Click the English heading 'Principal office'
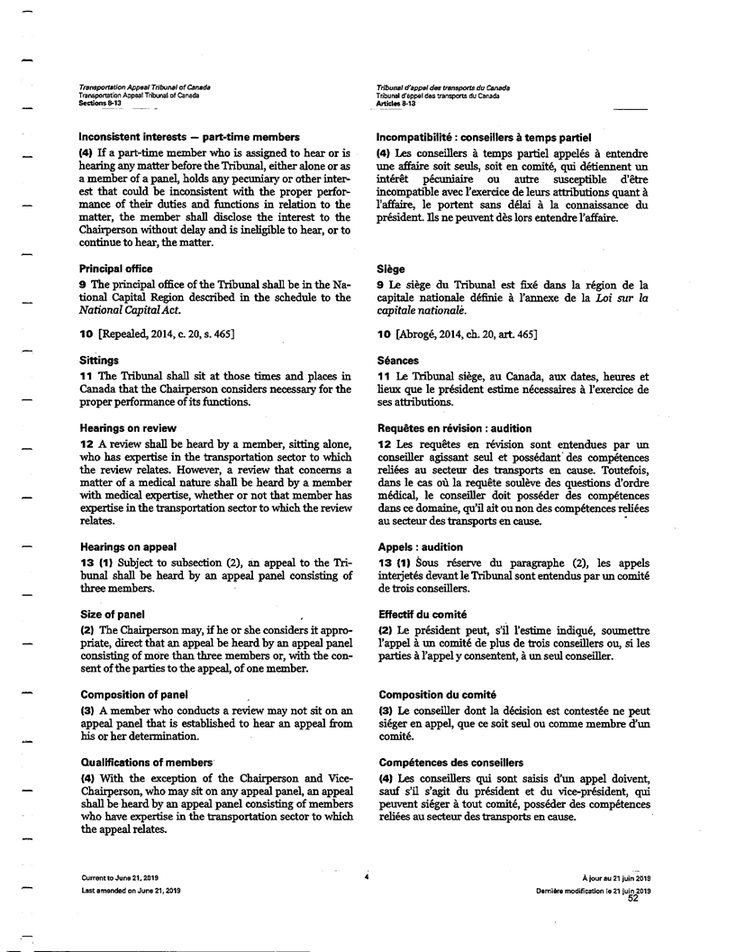(116, 269)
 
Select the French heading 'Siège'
(392, 269)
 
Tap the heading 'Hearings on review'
(128, 427)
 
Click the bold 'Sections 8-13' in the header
(100, 104)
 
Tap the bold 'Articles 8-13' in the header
(396, 104)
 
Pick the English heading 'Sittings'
(100, 360)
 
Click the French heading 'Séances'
(398, 360)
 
